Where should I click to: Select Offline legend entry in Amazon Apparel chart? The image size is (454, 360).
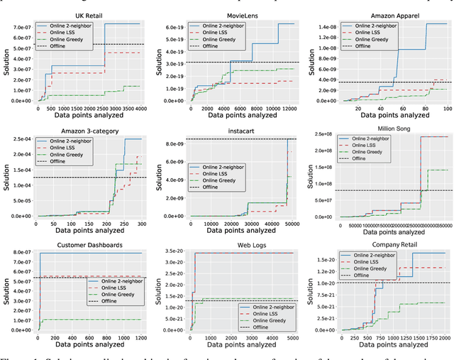[x=364, y=45]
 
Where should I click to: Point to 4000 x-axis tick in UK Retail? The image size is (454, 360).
[x=140, y=109]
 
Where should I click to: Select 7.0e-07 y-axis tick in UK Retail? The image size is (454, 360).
[x=21, y=28]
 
